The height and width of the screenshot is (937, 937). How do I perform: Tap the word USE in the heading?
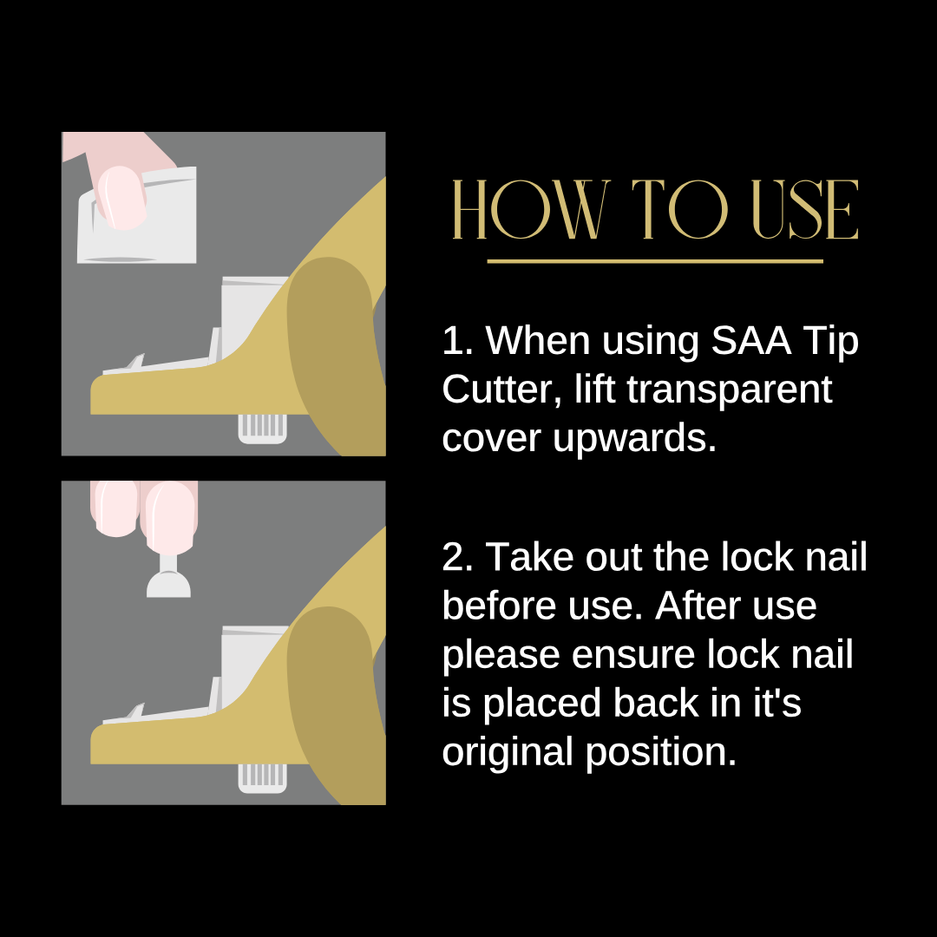click(x=805, y=209)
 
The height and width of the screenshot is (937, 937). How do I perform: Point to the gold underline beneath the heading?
click(x=655, y=261)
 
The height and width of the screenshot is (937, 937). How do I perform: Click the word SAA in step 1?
click(x=751, y=341)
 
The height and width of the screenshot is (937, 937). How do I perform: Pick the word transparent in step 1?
click(x=729, y=390)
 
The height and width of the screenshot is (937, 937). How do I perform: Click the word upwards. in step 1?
click(x=634, y=439)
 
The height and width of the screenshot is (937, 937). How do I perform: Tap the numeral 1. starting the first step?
click(x=458, y=341)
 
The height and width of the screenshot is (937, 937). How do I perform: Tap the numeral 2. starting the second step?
click(x=458, y=558)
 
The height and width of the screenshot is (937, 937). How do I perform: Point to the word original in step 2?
click(x=508, y=751)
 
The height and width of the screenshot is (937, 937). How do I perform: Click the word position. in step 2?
click(x=661, y=753)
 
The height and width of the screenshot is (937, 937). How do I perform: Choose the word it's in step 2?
click(x=776, y=703)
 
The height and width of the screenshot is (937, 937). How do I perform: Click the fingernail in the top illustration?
click(x=122, y=197)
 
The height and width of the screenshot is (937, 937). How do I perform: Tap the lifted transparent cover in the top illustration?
click(x=137, y=216)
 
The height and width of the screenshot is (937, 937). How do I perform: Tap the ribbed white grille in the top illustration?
click(x=262, y=429)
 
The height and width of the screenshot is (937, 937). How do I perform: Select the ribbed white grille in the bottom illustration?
click(x=262, y=778)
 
